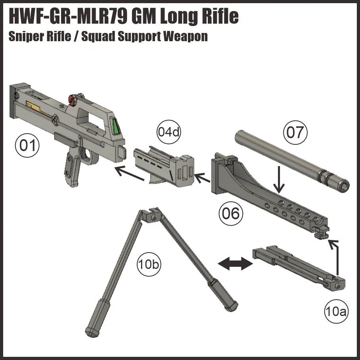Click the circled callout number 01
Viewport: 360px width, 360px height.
click(28, 146)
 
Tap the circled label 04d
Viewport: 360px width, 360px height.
click(169, 132)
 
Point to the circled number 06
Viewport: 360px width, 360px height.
click(230, 214)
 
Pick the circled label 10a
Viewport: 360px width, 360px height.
click(335, 311)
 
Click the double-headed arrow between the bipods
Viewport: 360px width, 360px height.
click(236, 263)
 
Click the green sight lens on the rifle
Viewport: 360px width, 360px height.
click(116, 127)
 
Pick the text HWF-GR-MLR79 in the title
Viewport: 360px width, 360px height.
click(67, 16)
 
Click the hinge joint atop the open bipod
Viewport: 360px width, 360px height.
click(151, 215)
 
